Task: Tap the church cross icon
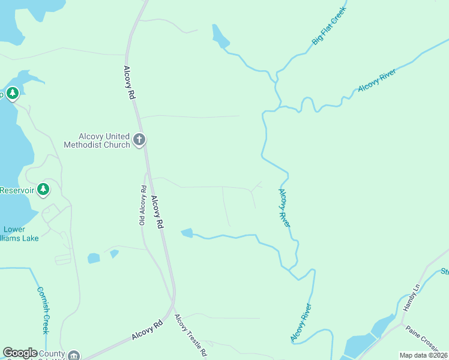coord(139,140)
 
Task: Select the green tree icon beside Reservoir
coord(43,190)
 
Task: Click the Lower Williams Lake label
coord(20,234)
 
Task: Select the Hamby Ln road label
coord(415,297)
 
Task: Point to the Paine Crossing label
coord(423,340)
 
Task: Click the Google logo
coord(20,353)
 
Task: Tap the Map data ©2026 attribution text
coord(423,355)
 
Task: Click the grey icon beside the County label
coord(73,355)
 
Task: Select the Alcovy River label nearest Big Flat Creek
coord(376,81)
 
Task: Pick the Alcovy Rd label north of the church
coord(128,77)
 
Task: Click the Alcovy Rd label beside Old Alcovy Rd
coord(157,212)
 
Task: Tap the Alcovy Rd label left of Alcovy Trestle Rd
coord(147,331)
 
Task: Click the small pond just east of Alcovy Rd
coord(187,233)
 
